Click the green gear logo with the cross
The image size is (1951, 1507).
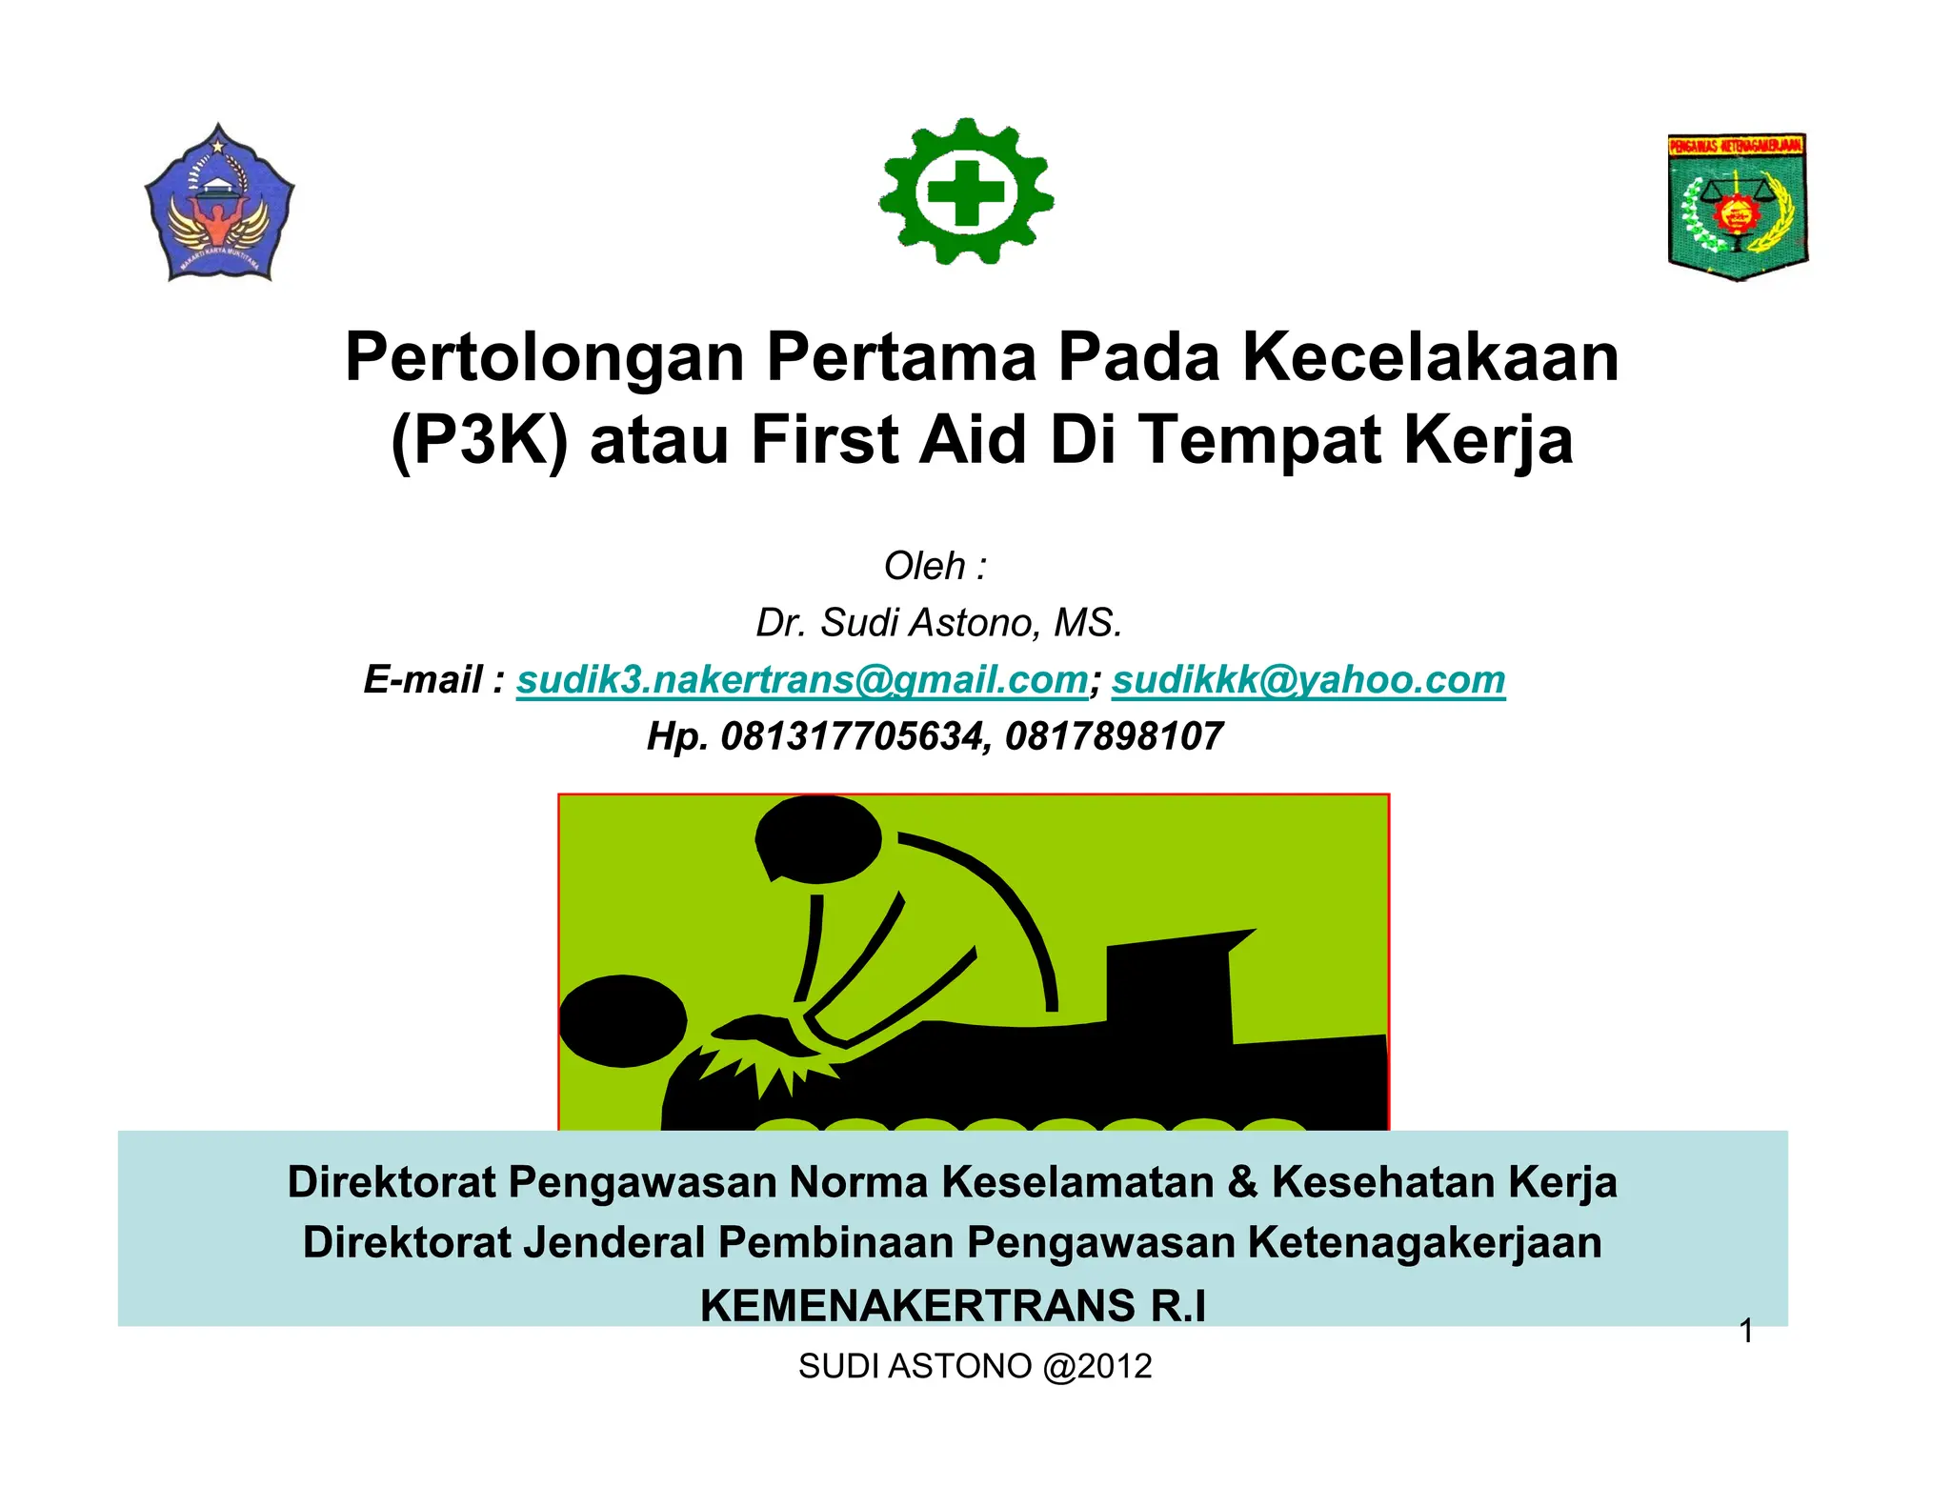966,192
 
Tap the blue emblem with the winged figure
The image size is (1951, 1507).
219,204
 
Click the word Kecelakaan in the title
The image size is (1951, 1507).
1430,357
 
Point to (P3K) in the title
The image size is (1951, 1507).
479,440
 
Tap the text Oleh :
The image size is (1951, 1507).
935,566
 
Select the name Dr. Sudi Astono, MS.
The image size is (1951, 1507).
939,622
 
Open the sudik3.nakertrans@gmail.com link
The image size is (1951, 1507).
802,679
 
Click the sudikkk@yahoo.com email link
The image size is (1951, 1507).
1308,679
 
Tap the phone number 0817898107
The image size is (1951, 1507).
1114,736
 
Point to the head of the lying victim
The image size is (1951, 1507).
621,1020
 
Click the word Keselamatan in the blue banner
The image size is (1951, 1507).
1077,1181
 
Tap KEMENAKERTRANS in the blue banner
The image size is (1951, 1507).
917,1305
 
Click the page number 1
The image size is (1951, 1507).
1746,1331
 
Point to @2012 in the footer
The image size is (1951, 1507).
1097,1366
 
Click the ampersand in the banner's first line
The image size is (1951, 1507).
1242,1181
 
